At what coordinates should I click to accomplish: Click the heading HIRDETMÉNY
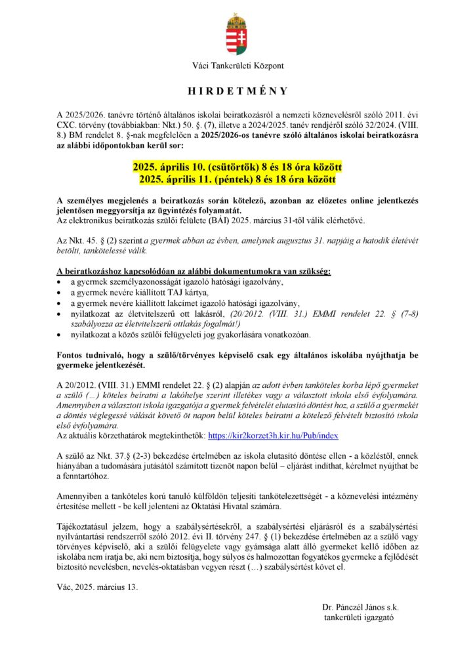coord(237,91)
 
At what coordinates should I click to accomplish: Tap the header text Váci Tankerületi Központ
coord(237,66)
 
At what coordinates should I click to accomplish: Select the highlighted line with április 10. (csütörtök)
coord(237,168)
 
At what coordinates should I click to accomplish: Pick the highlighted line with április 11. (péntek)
coord(237,179)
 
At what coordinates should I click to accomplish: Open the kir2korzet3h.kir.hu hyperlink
coord(273,436)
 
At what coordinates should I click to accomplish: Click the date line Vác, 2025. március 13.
coord(98,587)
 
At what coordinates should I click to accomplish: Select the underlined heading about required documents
coord(194,271)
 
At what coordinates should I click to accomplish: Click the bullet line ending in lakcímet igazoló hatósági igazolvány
coord(185,303)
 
